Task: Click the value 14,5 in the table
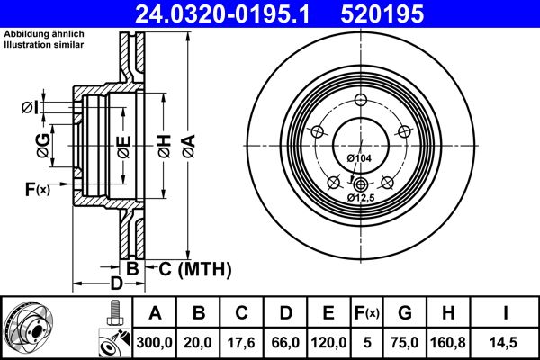pos(506,342)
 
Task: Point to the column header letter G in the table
pos(405,312)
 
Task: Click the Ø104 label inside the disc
pos(359,159)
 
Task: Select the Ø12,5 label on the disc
pos(362,197)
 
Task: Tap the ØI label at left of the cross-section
pos(30,108)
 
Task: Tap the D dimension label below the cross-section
pos(115,283)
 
